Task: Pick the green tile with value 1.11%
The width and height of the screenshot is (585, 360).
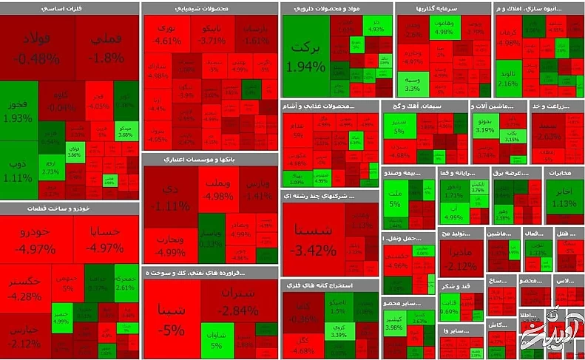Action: pyautogui.click(x=18, y=170)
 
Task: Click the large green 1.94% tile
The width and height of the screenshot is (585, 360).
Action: pyautogui.click(x=306, y=56)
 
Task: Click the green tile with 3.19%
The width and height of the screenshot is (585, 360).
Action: pyautogui.click(x=485, y=126)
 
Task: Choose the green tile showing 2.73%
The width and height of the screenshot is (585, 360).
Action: pyautogui.click(x=50, y=167)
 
